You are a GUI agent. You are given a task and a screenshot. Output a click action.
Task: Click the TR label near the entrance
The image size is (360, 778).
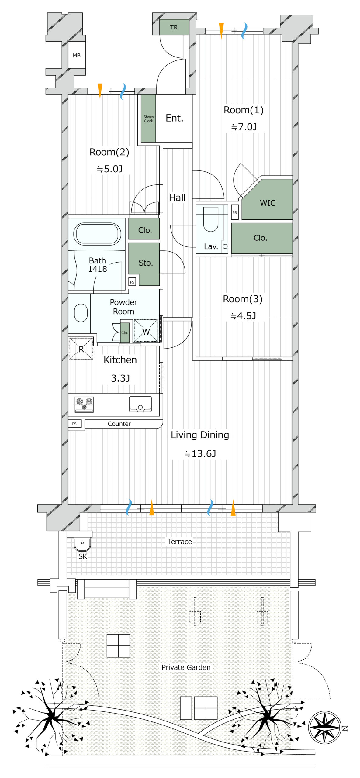(174, 27)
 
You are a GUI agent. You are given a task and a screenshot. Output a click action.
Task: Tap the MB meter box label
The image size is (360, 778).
(77, 56)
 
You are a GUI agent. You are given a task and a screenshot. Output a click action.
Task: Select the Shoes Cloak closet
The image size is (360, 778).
(148, 119)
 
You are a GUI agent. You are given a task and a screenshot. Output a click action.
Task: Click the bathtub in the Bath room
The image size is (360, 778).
(97, 234)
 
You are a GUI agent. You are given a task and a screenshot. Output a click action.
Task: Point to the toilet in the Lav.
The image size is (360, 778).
(211, 219)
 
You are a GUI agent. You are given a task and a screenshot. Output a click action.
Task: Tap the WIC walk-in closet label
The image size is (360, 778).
(268, 203)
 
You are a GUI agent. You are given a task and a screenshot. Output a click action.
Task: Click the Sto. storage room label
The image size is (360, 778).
(146, 263)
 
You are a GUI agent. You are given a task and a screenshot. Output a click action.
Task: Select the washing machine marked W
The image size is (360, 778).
(146, 331)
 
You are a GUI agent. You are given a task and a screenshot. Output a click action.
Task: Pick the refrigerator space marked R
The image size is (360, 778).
(81, 349)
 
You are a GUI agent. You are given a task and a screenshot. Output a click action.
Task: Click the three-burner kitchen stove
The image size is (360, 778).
(84, 404)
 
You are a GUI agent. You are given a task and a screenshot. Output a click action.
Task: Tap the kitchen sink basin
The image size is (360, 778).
(140, 404)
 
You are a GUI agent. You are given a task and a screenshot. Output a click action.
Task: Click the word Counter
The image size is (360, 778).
(119, 424)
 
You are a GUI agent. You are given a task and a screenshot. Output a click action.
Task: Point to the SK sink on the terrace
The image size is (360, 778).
(82, 544)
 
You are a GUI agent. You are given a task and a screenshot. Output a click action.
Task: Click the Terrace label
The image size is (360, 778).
(180, 542)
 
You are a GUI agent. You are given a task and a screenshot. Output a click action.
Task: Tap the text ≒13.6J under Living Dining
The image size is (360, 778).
(200, 454)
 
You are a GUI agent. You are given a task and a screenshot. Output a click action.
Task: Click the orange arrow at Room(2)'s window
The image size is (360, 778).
(100, 91)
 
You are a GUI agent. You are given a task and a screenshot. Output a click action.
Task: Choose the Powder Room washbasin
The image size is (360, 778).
(81, 313)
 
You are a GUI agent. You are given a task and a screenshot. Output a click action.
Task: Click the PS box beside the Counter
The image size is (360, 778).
(74, 424)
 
